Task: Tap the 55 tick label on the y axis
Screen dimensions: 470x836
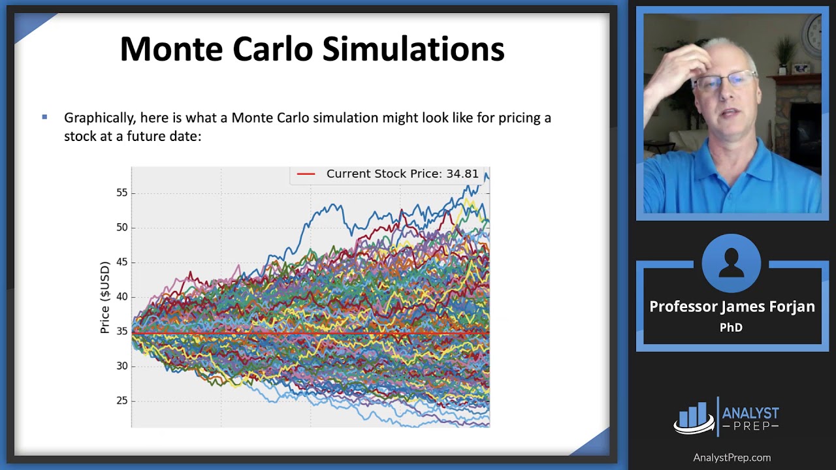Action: click(x=121, y=193)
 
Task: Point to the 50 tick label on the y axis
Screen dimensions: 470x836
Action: click(x=121, y=228)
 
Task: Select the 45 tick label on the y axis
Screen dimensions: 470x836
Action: click(x=121, y=262)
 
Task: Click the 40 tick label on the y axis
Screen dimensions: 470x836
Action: click(x=121, y=297)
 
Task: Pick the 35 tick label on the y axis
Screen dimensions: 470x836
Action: click(x=121, y=332)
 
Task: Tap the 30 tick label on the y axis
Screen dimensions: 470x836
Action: click(x=121, y=366)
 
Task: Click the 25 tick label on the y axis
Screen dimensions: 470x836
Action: click(x=121, y=401)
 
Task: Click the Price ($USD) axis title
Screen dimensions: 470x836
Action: click(x=104, y=298)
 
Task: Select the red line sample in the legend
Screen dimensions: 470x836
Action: click(x=306, y=174)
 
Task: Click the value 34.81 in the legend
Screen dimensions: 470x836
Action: click(x=462, y=174)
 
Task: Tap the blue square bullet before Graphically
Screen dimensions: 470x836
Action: click(x=44, y=117)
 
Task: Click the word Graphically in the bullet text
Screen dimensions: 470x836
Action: click(x=99, y=118)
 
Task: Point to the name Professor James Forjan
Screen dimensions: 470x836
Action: click(x=731, y=307)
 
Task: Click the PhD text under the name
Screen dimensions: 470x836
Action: click(x=731, y=328)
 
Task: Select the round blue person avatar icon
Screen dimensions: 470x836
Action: click(x=731, y=264)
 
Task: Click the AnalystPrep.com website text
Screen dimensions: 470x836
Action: click(x=731, y=458)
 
